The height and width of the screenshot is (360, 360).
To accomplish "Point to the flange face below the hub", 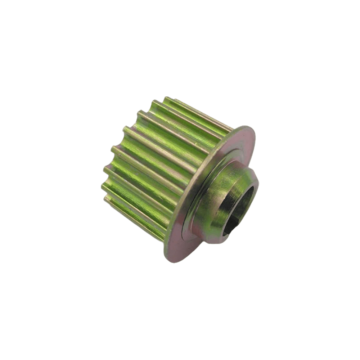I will tap(180, 245).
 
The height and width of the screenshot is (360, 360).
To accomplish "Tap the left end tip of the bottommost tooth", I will tap(105, 198).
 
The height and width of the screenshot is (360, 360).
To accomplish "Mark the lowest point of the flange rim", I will tap(173, 262).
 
